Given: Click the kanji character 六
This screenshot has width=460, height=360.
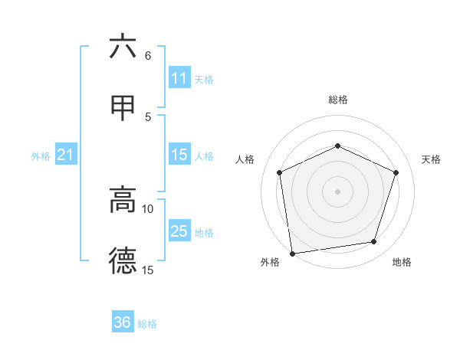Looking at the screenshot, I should point(123,47).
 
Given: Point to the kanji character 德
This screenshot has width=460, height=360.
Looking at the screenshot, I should point(123,260).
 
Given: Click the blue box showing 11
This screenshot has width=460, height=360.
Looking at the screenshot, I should point(179,78).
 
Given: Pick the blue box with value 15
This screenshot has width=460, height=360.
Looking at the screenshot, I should point(179,155).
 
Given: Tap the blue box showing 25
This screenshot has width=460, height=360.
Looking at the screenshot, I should point(179,231).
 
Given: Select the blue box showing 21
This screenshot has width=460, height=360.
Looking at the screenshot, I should point(66,155).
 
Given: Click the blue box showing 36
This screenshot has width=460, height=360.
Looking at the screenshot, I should point(123,322).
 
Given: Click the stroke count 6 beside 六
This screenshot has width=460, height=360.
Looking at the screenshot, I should point(148,56).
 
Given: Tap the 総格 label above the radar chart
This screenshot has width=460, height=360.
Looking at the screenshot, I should point(338,100).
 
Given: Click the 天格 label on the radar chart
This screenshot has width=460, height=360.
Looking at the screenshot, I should point(432,159).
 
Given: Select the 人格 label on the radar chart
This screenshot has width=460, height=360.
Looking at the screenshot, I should point(245,159).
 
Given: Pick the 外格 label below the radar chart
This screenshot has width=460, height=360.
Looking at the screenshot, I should point(270,263).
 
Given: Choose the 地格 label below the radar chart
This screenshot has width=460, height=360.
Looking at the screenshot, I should point(402,263).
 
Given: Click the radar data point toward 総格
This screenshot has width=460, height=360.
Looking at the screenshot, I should point(338,146).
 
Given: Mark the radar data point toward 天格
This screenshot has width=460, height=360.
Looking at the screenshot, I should point(396,172).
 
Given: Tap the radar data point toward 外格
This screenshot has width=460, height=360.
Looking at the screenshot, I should point(292,253).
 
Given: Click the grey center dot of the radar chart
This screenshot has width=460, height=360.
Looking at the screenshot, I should point(338,191).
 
